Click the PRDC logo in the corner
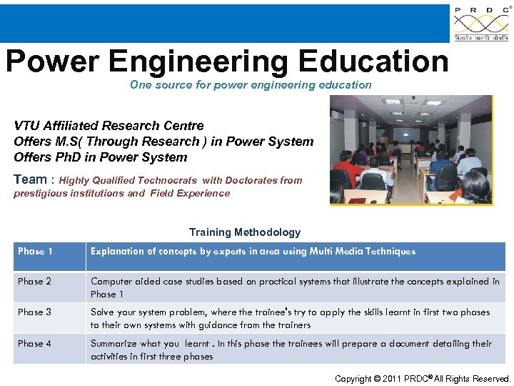(482, 24)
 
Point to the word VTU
(27, 126)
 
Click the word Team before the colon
(30, 180)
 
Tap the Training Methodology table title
(245, 232)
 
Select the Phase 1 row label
(35, 252)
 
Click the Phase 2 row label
(35, 282)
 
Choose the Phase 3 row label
(35, 312)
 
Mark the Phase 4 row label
(35, 344)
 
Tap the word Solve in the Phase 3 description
(102, 312)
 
